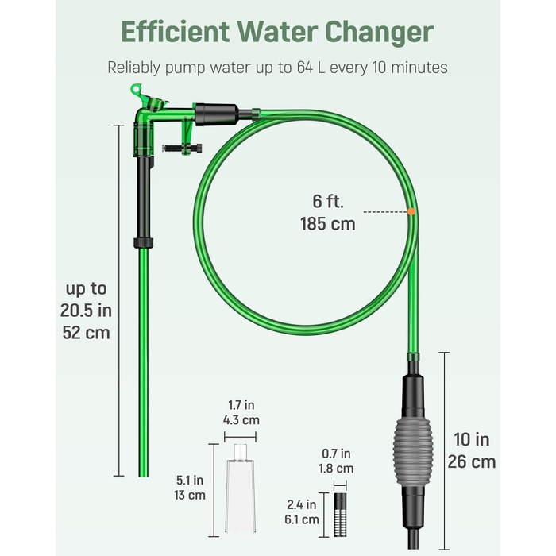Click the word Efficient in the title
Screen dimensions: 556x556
click(x=176, y=32)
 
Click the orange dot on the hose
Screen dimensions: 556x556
click(x=411, y=212)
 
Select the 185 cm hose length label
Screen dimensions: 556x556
click(x=327, y=224)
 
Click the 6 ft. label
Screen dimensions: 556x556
click(x=328, y=202)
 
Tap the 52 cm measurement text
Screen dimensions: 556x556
click(x=86, y=333)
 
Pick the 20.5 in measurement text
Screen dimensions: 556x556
click(x=86, y=311)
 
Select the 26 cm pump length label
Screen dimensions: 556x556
click(x=472, y=462)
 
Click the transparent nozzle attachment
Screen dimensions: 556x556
click(x=241, y=488)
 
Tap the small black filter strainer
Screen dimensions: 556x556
click(x=340, y=514)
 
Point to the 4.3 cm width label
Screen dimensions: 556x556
click(x=241, y=420)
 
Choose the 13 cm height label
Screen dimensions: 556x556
click(x=190, y=495)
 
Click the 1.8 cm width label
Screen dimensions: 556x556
click(x=336, y=469)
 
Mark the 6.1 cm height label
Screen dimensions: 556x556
click(x=301, y=519)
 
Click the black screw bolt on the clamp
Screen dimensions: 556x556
click(x=182, y=149)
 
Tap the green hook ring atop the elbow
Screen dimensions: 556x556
click(x=136, y=89)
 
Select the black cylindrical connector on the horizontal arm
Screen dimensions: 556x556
click(x=217, y=114)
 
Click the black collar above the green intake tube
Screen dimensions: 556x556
click(x=144, y=243)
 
